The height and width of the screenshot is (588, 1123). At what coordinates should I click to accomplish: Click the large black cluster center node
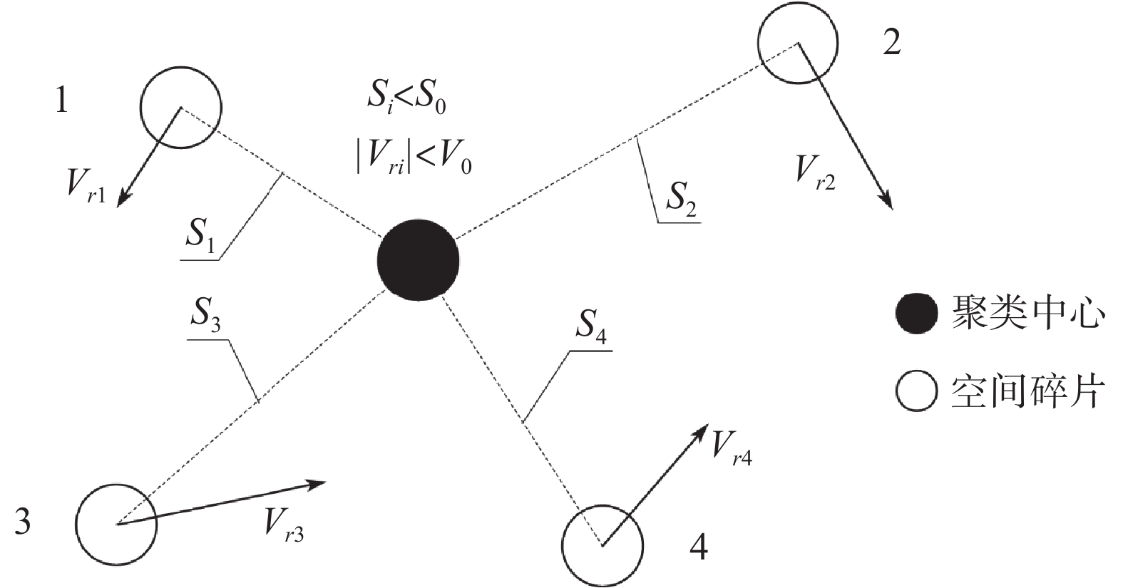pos(418,259)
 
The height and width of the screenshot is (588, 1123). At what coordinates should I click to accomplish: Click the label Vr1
pos(86,185)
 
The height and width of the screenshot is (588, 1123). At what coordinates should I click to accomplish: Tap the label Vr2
pos(815,173)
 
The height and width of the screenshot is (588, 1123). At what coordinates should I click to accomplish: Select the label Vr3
pos(284,525)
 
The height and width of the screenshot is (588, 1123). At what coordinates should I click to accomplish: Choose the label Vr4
pos(732,448)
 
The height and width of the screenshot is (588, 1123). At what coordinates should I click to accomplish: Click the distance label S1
pos(200,235)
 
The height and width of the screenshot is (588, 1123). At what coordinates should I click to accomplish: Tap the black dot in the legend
pos(916,314)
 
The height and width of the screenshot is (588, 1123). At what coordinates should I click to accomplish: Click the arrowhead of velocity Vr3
pos(317,485)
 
